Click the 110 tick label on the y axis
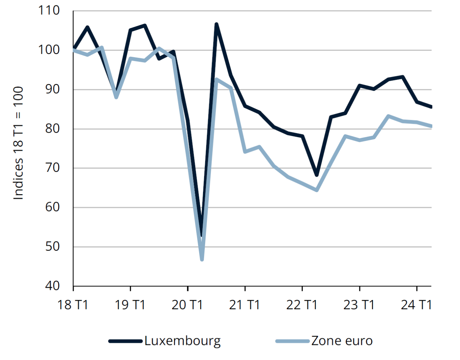click(x=49, y=10)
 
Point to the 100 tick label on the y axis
click(x=49, y=50)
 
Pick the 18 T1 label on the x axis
click(x=73, y=305)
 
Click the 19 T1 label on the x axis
click(x=130, y=305)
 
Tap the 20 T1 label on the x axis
click(x=187, y=305)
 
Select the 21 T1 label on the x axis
click(x=244, y=305)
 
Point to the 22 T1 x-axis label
click(x=302, y=305)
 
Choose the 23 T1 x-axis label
click(x=359, y=305)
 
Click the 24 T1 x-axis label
click(x=416, y=305)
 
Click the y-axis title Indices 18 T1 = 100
click(x=18, y=143)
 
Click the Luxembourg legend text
click(x=183, y=341)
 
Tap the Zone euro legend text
click(x=342, y=341)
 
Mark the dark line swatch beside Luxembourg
click(x=125, y=341)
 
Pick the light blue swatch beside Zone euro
click(x=292, y=341)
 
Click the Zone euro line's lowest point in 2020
click(x=202, y=259)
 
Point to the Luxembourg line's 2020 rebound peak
click(x=216, y=24)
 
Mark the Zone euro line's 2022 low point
click(x=317, y=190)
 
